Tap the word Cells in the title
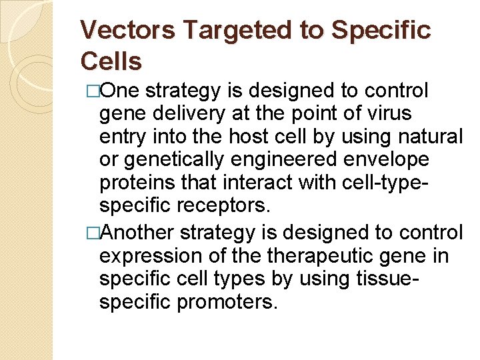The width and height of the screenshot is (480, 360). click(x=111, y=61)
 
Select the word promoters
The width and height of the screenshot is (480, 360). click(x=226, y=303)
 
